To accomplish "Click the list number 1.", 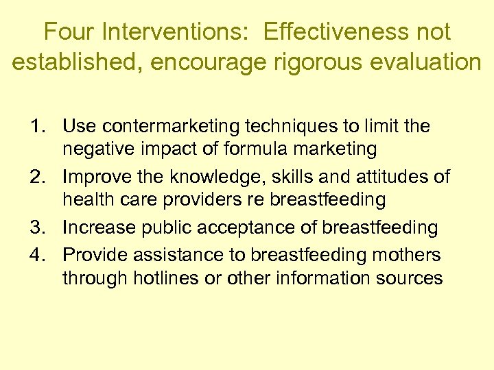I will pyautogui.click(x=38, y=127).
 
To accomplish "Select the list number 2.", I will pyautogui.click(x=38, y=177).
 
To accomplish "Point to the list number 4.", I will pyautogui.click(x=38, y=255).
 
